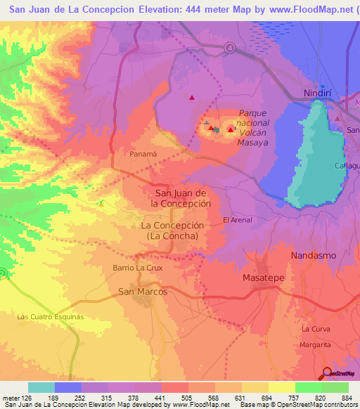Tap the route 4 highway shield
(230, 48)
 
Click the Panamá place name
(143, 153)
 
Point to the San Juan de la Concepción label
(182, 197)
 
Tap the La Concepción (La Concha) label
(173, 231)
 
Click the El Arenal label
(237, 220)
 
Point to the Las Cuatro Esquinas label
(50, 317)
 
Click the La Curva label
(316, 329)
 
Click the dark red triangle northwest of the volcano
(191, 98)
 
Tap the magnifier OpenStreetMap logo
(327, 373)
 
